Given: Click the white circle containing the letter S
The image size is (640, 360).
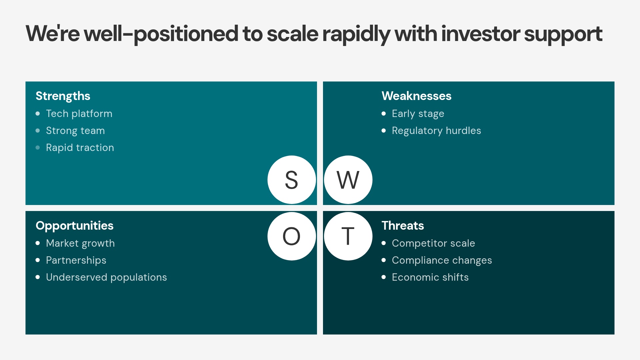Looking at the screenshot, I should pyautogui.click(x=292, y=180).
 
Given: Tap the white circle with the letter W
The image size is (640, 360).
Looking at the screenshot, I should pyautogui.click(x=348, y=180).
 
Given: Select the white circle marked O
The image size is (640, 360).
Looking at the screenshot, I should pyautogui.click(x=292, y=236).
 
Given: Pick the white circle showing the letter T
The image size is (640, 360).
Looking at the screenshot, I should pyautogui.click(x=348, y=236).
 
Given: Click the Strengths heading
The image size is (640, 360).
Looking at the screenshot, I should pyautogui.click(x=63, y=96).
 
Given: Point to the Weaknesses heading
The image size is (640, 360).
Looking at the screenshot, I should pyautogui.click(x=416, y=96).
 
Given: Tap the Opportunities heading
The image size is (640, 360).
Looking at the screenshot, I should pyautogui.click(x=74, y=226).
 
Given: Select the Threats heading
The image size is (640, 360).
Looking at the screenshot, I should pyautogui.click(x=403, y=226).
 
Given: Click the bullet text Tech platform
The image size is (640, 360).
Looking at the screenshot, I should pyautogui.click(x=79, y=114).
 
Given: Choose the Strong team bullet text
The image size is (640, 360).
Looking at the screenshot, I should pyautogui.click(x=75, y=131).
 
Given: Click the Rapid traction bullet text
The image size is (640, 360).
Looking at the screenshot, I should pyautogui.click(x=80, y=148).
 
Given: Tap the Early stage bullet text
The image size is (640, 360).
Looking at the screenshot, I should pyautogui.click(x=418, y=114).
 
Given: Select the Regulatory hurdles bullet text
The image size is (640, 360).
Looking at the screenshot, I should pyautogui.click(x=436, y=131).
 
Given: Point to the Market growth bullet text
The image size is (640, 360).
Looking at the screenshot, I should pyautogui.click(x=80, y=243).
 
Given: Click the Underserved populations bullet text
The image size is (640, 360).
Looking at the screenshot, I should pyautogui.click(x=106, y=277).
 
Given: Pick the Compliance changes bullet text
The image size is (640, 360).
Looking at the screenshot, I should pyautogui.click(x=442, y=260).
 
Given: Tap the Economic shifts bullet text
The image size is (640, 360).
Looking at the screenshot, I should pyautogui.click(x=430, y=277).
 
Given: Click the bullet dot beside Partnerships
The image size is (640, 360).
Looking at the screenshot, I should pyautogui.click(x=38, y=260).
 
